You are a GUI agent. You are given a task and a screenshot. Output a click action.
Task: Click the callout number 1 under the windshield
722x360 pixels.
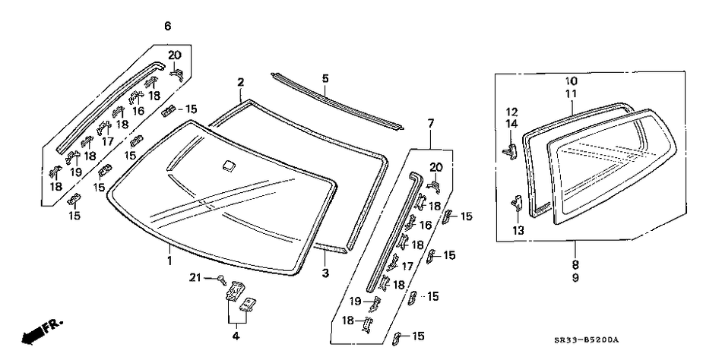169,261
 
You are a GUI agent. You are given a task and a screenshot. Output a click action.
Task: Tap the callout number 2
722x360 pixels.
240,82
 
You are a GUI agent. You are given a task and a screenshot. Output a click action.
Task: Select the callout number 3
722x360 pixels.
325,273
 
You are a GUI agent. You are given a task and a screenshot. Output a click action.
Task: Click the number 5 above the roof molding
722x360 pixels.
325,78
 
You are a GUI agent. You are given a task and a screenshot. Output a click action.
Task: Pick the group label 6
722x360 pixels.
167,27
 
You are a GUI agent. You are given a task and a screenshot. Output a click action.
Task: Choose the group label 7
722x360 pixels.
431,123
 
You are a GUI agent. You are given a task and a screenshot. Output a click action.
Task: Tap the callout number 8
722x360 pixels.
575,265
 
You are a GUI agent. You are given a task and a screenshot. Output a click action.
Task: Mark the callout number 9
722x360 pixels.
575,278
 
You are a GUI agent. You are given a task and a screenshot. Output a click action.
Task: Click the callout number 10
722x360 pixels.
572,81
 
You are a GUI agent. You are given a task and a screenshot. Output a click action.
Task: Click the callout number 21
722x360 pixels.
194,279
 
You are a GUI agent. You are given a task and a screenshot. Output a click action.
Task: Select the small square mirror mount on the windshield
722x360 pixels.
227,165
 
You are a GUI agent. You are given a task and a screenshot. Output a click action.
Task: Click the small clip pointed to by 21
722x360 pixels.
223,279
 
